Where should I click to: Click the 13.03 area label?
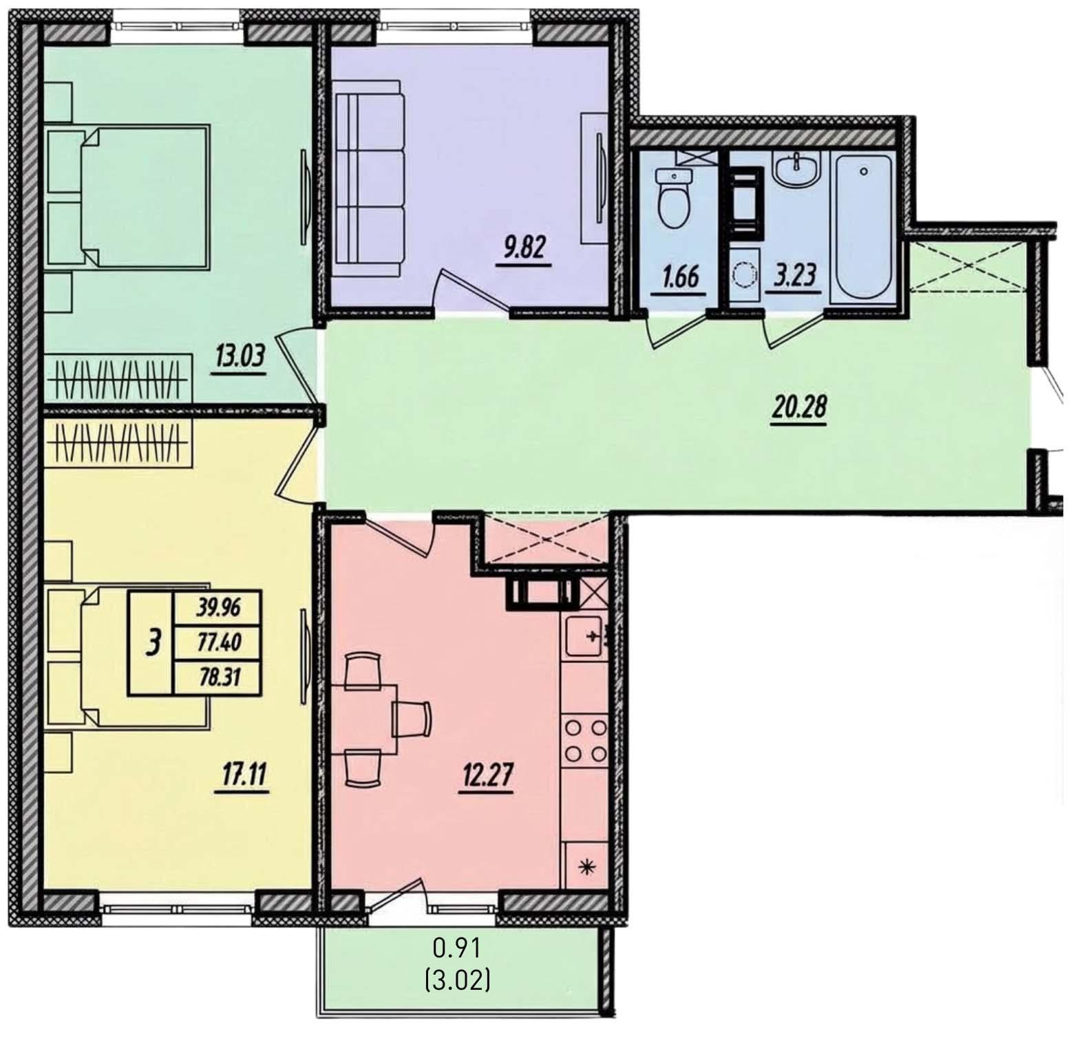tap(240, 358)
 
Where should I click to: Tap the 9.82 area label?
tap(524, 248)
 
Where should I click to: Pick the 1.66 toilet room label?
tap(680, 277)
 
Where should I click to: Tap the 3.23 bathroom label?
tap(796, 275)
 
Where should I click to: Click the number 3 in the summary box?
tap(153, 642)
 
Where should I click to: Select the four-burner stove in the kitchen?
tap(586, 740)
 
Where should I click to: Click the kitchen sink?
tap(585, 636)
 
